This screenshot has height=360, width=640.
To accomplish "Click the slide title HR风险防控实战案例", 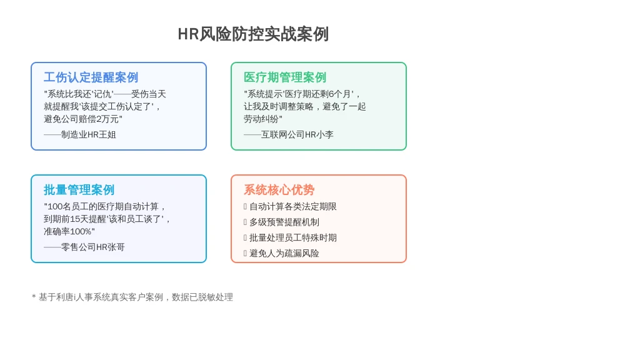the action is click(x=253, y=34).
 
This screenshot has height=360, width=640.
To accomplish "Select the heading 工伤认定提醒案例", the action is click(x=91, y=77).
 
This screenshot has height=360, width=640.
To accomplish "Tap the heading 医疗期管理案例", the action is click(x=285, y=77).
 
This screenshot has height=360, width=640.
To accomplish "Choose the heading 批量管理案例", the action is click(x=79, y=190).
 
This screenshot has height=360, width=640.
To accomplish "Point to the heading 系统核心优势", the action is click(x=279, y=190).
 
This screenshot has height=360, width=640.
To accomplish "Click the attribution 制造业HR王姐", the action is click(x=80, y=135).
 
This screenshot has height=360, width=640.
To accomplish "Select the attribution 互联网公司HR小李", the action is click(x=289, y=135).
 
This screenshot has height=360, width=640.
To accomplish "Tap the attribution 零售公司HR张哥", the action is click(x=84, y=247).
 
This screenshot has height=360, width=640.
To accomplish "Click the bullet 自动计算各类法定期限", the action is click(x=292, y=206).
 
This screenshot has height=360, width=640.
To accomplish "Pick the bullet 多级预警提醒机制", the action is click(x=284, y=222).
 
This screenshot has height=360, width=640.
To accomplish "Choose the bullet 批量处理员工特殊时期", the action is click(x=292, y=237).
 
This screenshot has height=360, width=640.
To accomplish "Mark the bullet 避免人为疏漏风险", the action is click(x=284, y=254).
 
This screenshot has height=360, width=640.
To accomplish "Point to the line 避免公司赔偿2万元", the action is click(x=83, y=119).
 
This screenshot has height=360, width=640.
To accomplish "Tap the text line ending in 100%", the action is click(x=69, y=232).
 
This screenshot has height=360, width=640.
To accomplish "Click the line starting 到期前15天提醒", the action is click(x=107, y=219).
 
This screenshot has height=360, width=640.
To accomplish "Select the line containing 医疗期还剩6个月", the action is click(x=302, y=94).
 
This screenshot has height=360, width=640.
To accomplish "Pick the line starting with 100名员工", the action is click(x=105, y=206).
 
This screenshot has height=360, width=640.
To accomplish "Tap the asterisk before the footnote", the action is click(x=34, y=296).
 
